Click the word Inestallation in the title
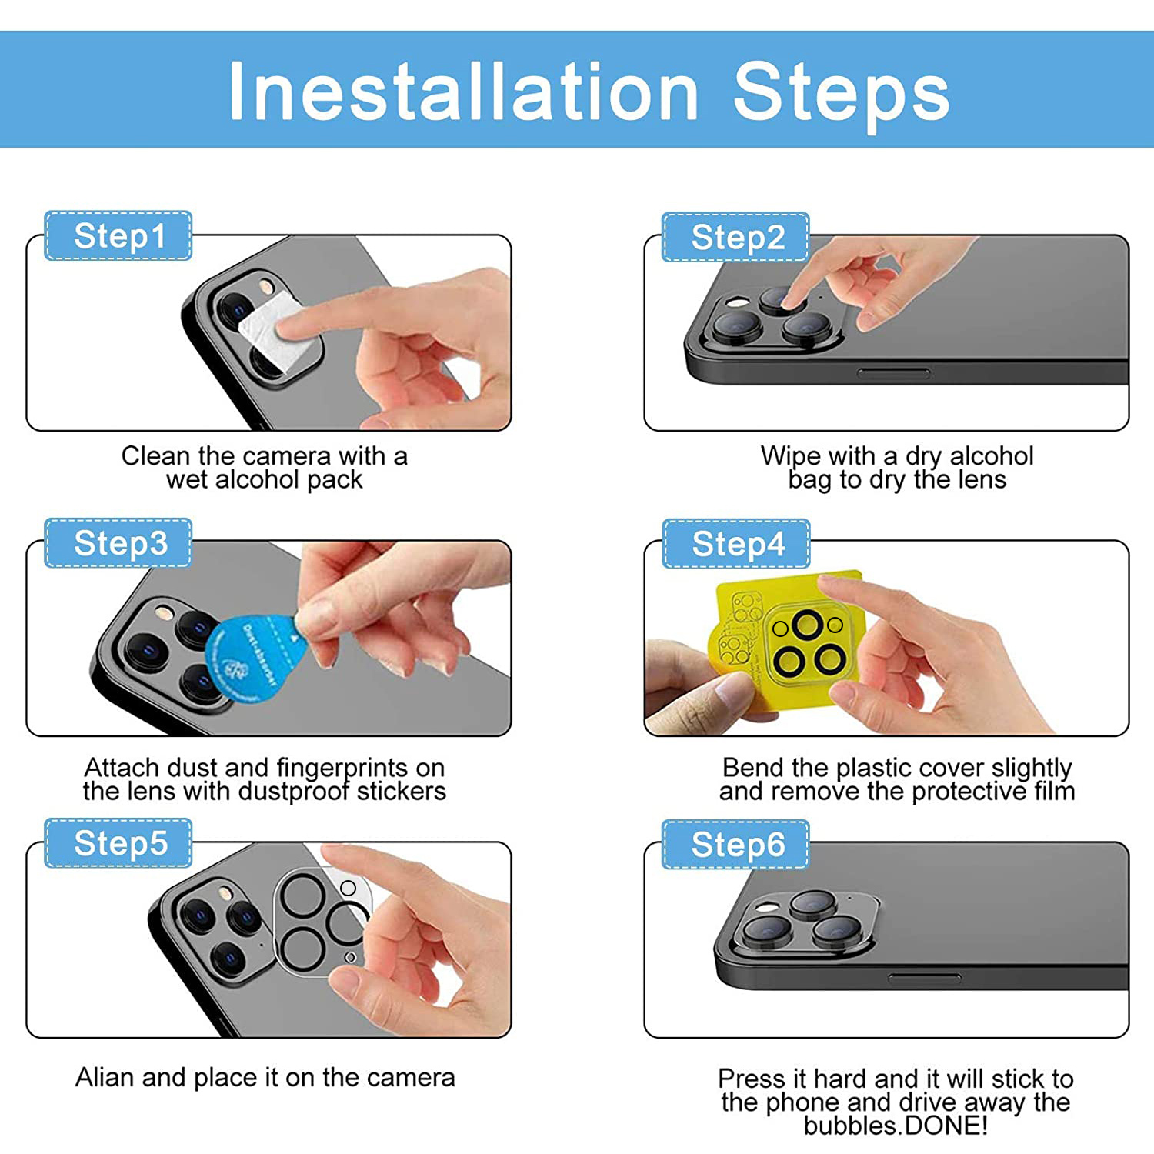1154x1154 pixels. (x=464, y=92)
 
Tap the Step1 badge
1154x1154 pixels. (x=118, y=235)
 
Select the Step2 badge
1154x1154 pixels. (x=735, y=237)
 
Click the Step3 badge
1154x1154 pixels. (x=118, y=543)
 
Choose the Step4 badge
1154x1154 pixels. (x=736, y=544)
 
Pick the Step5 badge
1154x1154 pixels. (x=118, y=843)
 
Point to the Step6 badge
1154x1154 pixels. (x=735, y=845)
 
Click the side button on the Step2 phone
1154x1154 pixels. (x=894, y=373)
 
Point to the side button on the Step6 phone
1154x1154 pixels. (x=924, y=979)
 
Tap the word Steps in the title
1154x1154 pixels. (x=842, y=94)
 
